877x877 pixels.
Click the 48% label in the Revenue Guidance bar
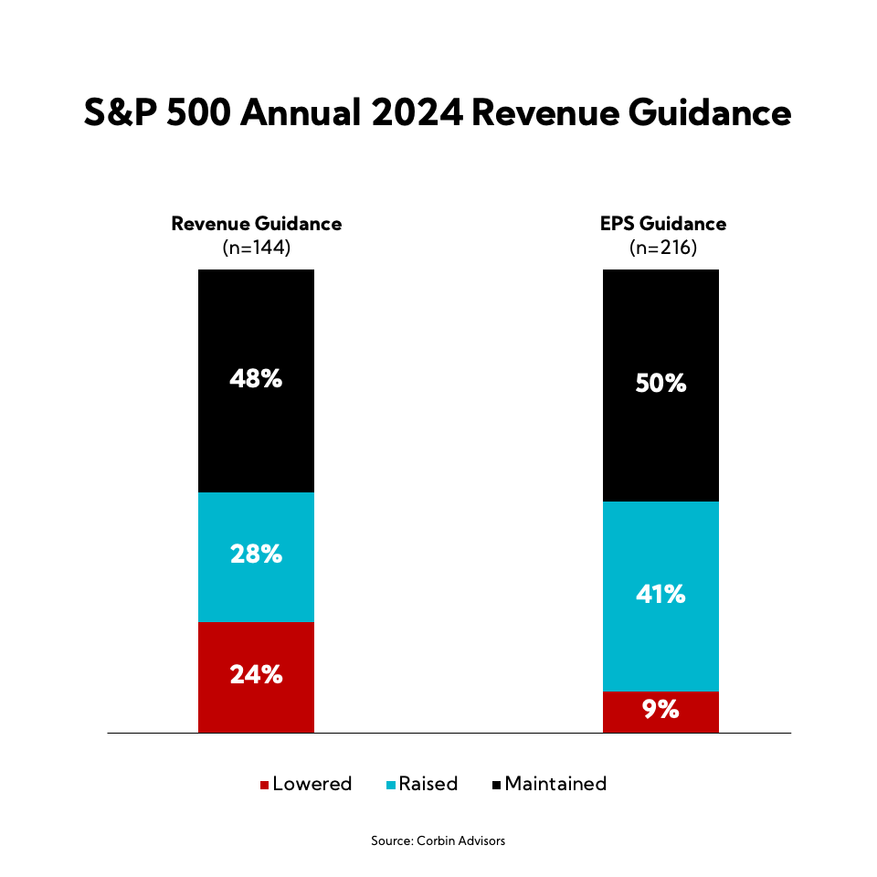point(256,378)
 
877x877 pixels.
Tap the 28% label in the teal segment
point(256,554)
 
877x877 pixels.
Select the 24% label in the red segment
point(256,674)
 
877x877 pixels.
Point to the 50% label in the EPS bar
point(660,383)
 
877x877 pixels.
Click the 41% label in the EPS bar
point(660,594)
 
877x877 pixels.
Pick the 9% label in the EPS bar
point(660,709)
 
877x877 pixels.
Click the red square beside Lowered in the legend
point(265,785)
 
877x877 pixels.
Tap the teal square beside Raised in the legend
point(391,785)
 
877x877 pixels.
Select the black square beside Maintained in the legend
point(497,785)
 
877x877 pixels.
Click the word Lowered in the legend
point(312,784)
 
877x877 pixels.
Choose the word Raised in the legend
point(428,784)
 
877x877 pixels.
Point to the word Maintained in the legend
point(555,784)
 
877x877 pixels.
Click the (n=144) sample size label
point(256,247)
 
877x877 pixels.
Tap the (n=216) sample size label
point(660,247)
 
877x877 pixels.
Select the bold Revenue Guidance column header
point(256,224)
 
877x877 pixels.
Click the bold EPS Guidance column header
point(660,224)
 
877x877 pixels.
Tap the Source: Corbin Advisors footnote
point(438,840)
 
